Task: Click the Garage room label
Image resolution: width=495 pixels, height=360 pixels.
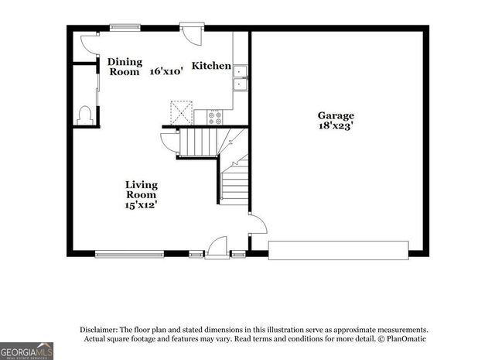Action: (336, 115)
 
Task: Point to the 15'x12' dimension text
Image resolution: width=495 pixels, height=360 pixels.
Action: (142, 206)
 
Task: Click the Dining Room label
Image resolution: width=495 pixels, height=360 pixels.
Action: (124, 67)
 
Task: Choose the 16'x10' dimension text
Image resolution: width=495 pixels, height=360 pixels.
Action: (166, 71)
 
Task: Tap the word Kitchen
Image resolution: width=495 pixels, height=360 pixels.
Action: (211, 66)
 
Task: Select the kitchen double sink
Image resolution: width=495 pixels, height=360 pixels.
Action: (241, 77)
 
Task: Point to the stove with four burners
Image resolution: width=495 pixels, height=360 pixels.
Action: (216, 118)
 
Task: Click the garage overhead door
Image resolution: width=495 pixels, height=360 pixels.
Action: (338, 250)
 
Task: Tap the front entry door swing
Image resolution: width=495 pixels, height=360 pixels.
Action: (217, 246)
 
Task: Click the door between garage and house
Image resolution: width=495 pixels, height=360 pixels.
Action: (256, 225)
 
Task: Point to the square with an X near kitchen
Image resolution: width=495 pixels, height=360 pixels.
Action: (182, 113)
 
